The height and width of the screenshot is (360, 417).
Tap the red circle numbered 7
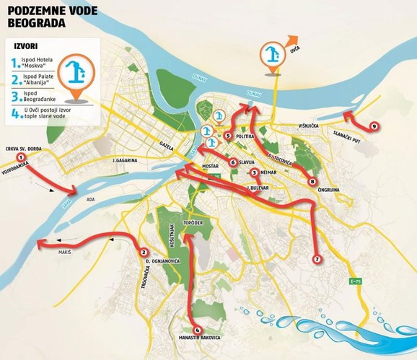316,258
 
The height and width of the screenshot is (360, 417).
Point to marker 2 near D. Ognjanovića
144,251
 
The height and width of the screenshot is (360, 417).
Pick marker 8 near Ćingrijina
312,180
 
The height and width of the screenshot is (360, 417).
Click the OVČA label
294,48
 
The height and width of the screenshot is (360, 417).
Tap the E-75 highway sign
354,281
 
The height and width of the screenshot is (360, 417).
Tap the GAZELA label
168,144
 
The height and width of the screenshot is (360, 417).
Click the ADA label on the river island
90,198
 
